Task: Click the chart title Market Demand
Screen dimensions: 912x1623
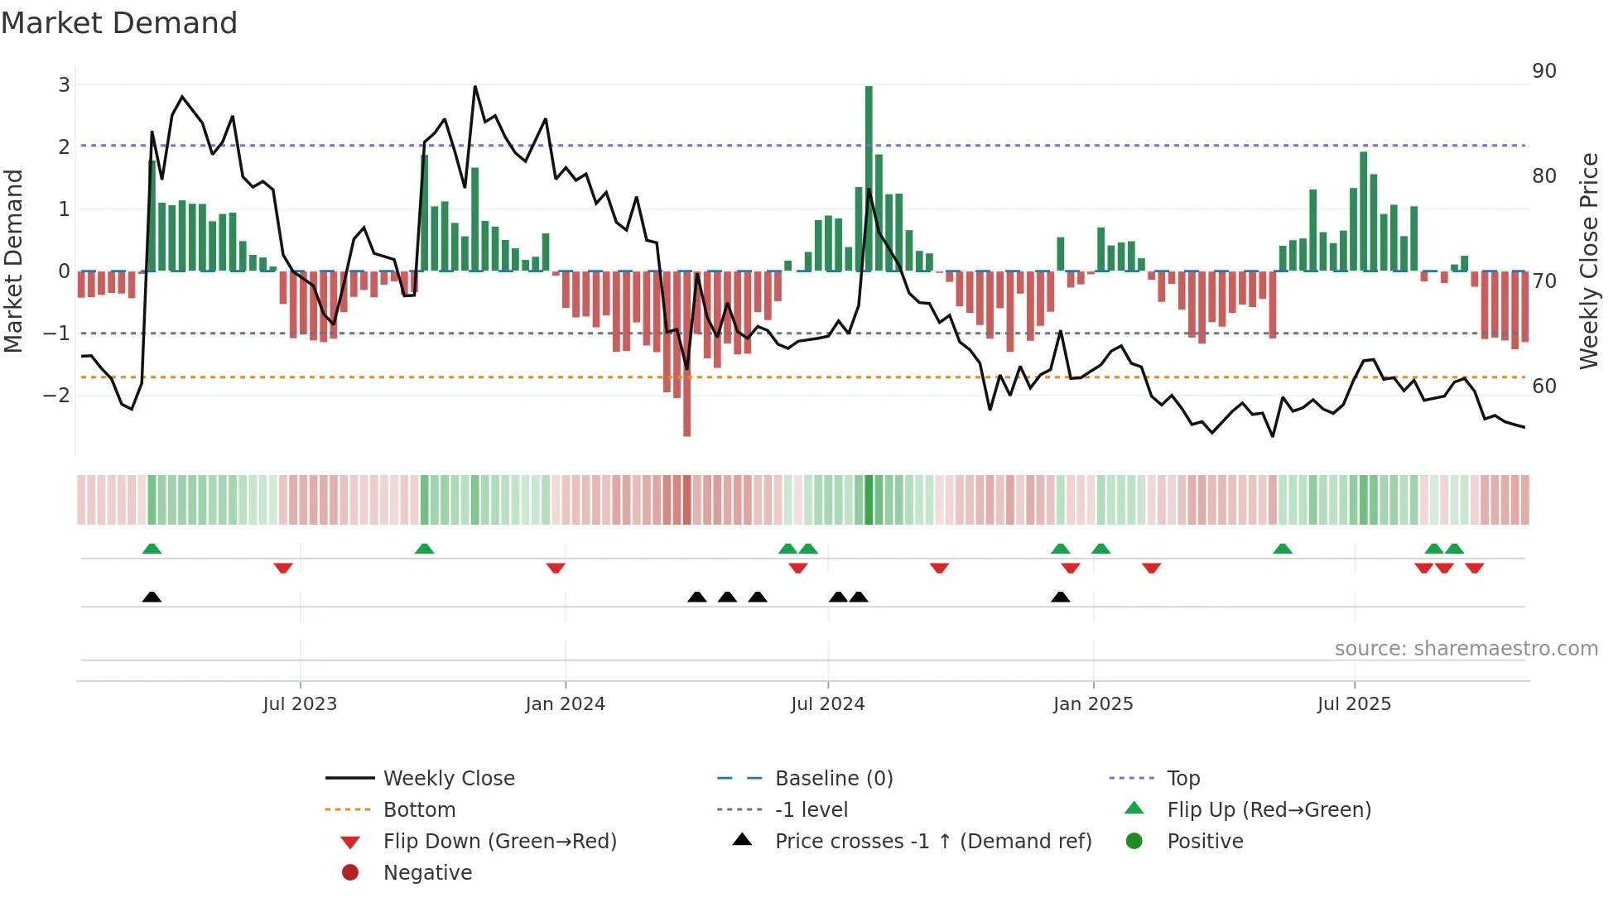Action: tap(119, 23)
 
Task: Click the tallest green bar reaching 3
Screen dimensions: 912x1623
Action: tap(869, 178)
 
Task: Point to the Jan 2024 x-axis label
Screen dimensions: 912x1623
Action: tap(565, 704)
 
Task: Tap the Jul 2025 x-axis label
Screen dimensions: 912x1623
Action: tap(1354, 704)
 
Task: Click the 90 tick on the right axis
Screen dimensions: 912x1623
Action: tap(1544, 71)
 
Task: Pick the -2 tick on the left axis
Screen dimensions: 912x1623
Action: tap(56, 395)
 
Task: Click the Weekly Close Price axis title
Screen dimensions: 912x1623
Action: tap(1588, 261)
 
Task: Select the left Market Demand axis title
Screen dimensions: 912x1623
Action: tap(14, 261)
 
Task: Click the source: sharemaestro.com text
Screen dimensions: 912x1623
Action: tap(1466, 649)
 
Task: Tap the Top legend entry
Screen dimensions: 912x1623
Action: tap(1183, 779)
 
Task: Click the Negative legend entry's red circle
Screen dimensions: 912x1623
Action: tap(350, 873)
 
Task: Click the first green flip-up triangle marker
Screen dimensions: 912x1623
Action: tap(152, 549)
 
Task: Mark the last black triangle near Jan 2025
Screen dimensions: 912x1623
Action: tap(1060, 597)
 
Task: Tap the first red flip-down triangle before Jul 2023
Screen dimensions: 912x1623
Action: tap(283, 568)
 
